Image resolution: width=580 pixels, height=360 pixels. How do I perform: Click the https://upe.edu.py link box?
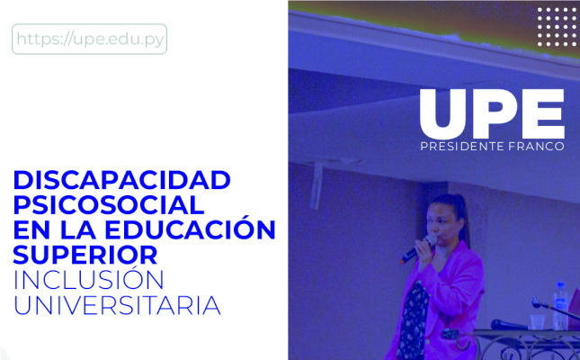click(90, 39)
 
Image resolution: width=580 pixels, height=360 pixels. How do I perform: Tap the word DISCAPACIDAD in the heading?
click(122, 180)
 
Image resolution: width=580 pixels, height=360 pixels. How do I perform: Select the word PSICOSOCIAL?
click(109, 205)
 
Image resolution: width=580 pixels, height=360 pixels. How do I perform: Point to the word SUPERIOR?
click(85, 255)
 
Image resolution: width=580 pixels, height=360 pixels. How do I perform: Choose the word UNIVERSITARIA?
click(117, 305)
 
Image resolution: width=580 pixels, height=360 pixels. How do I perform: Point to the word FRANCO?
click(536, 147)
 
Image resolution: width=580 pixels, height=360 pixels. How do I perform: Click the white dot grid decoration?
click(557, 27)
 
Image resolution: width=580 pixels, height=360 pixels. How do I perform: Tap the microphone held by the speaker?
click(418, 249)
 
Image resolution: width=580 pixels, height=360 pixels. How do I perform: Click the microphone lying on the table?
click(509, 325)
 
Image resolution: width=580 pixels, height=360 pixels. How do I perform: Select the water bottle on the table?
click(560, 306)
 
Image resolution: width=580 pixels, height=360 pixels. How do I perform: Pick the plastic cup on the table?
click(537, 322)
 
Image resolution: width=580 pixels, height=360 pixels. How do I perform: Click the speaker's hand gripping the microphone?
click(424, 250)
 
